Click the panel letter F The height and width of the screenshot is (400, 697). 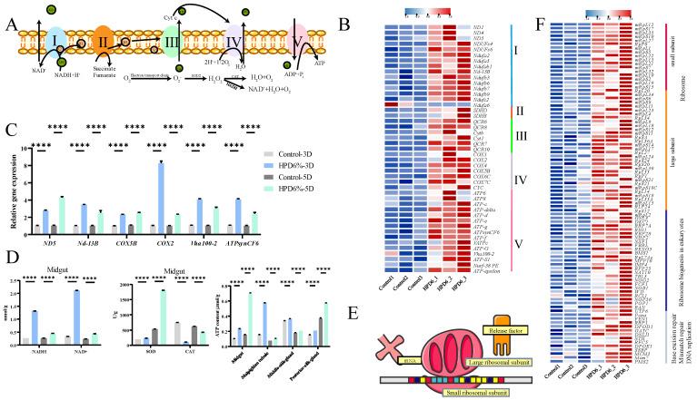coord(521,14)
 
